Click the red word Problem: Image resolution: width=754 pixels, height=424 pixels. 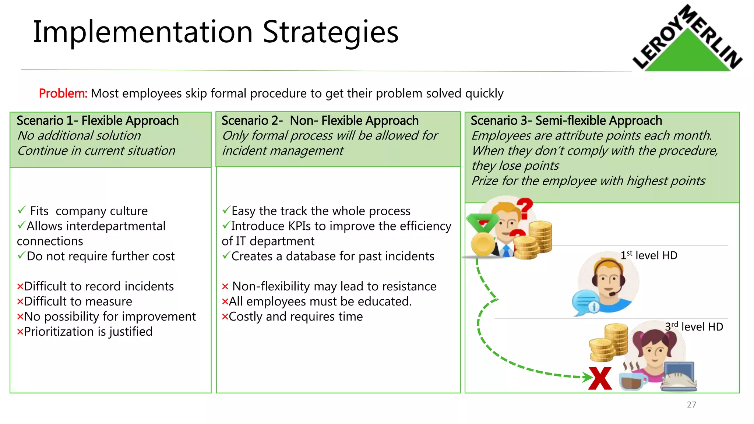63,93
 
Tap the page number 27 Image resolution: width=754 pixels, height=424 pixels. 691,404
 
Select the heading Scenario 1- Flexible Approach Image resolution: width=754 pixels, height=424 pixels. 98,121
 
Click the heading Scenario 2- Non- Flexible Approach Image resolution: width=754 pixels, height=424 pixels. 320,121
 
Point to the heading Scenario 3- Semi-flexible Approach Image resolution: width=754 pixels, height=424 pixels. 566,121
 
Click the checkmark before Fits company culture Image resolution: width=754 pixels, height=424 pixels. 22,210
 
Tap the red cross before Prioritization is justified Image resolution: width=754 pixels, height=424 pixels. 20,332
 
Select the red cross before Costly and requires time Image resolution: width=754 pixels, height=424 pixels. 225,317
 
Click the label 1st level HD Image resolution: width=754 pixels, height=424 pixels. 648,255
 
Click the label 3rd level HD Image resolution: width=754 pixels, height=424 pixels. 694,326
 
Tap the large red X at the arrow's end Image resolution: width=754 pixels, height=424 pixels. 600,378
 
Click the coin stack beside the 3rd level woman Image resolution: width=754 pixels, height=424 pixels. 609,342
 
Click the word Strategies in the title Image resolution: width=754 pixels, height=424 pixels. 330,32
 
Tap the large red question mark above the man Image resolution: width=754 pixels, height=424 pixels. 525,208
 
